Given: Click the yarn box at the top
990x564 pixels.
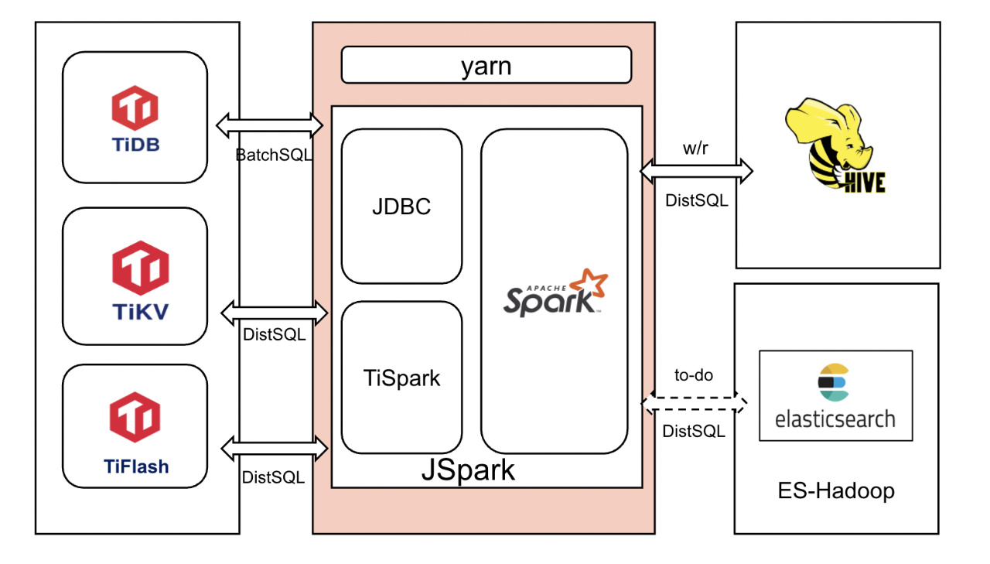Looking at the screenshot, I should point(486,65).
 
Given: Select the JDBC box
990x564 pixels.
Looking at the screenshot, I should point(401,207).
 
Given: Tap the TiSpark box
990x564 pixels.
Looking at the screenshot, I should point(401,378).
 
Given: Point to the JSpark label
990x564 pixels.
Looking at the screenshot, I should point(468,470).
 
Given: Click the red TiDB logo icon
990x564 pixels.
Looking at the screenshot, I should point(135,108).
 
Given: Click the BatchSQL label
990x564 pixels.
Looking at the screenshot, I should point(274,154).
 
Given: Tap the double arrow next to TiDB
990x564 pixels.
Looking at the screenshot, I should point(269,124).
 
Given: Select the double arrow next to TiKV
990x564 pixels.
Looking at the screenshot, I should point(275,313).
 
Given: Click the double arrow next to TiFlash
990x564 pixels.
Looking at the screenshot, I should point(275,447).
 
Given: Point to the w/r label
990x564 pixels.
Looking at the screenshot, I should point(695,149).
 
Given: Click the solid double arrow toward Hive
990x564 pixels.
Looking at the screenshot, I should point(696,171).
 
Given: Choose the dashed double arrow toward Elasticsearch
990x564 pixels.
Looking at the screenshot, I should point(695,403).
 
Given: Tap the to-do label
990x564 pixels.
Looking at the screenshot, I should point(694,375).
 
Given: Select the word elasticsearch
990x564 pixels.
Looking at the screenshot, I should point(835,419).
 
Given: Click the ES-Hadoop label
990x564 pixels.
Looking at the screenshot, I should point(835,491).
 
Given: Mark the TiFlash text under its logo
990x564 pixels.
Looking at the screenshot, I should point(136,466).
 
